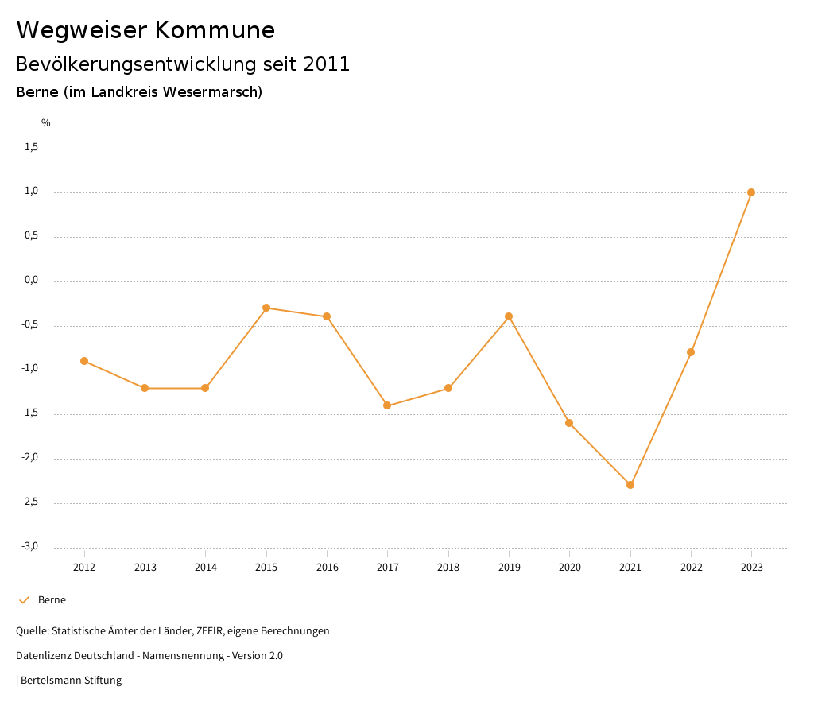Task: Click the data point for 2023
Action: [x=751, y=192]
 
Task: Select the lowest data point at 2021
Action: [x=630, y=485]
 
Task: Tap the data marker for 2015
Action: [x=266, y=308]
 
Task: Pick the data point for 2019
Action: [x=509, y=316]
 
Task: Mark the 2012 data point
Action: [x=84, y=361]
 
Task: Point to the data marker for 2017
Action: [x=387, y=405]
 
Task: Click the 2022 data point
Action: [x=691, y=352]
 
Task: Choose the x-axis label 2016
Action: [x=327, y=568]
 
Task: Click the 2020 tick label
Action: [x=569, y=568]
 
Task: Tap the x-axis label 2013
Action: [x=145, y=568]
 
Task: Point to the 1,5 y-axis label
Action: [x=31, y=147]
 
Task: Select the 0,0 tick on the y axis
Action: [x=31, y=280]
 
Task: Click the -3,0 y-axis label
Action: [x=29, y=546]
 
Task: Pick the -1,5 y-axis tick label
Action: [x=29, y=413]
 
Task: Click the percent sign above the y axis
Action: [x=46, y=123]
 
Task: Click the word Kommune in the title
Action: [x=215, y=30]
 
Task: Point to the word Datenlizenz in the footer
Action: [x=45, y=656]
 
